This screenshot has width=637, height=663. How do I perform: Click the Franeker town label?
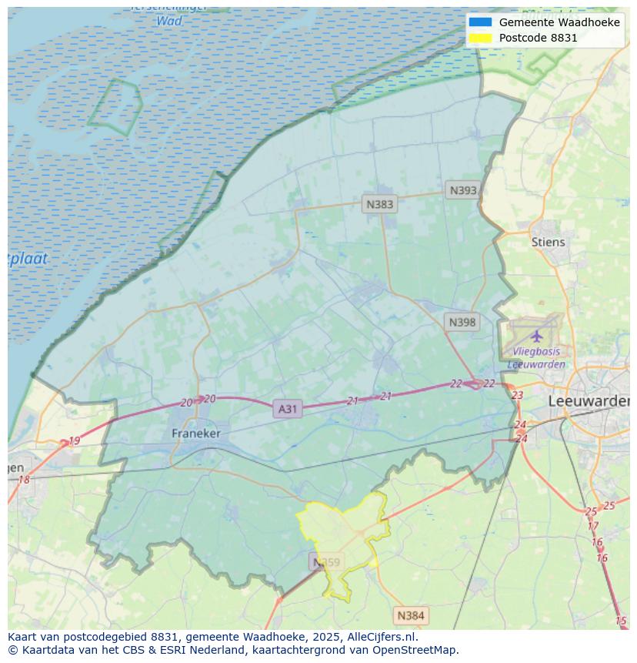pyautogui.click(x=195, y=434)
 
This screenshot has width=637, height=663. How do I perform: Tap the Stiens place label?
pyautogui.click(x=548, y=242)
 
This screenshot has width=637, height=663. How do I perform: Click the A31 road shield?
pyautogui.click(x=287, y=409)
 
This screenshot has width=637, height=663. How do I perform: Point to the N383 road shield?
pyautogui.click(x=379, y=204)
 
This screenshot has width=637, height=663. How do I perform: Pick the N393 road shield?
pyautogui.click(x=463, y=190)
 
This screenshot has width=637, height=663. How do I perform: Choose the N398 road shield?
pyautogui.click(x=462, y=322)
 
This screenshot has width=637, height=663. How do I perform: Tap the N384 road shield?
pyautogui.click(x=410, y=615)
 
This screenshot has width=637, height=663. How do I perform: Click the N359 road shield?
pyautogui.click(x=326, y=562)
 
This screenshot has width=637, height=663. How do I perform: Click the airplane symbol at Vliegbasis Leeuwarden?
pyautogui.click(x=536, y=336)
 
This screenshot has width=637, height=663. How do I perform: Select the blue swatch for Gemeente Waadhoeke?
pyautogui.click(x=480, y=22)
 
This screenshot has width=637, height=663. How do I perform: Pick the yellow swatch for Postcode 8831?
pyautogui.click(x=480, y=38)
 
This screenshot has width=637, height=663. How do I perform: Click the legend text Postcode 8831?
pyautogui.click(x=538, y=38)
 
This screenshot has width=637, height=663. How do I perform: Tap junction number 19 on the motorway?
pyautogui.click(x=74, y=441)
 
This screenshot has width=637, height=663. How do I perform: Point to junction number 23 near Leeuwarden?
pyautogui.click(x=517, y=395)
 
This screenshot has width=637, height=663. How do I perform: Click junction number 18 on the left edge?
pyautogui.click(x=24, y=480)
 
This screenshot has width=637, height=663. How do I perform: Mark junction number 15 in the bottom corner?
pyautogui.click(x=621, y=621)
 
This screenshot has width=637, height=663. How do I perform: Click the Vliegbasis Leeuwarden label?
pyautogui.click(x=536, y=359)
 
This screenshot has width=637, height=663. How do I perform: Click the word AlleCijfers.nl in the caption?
pyautogui.click(x=378, y=637)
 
